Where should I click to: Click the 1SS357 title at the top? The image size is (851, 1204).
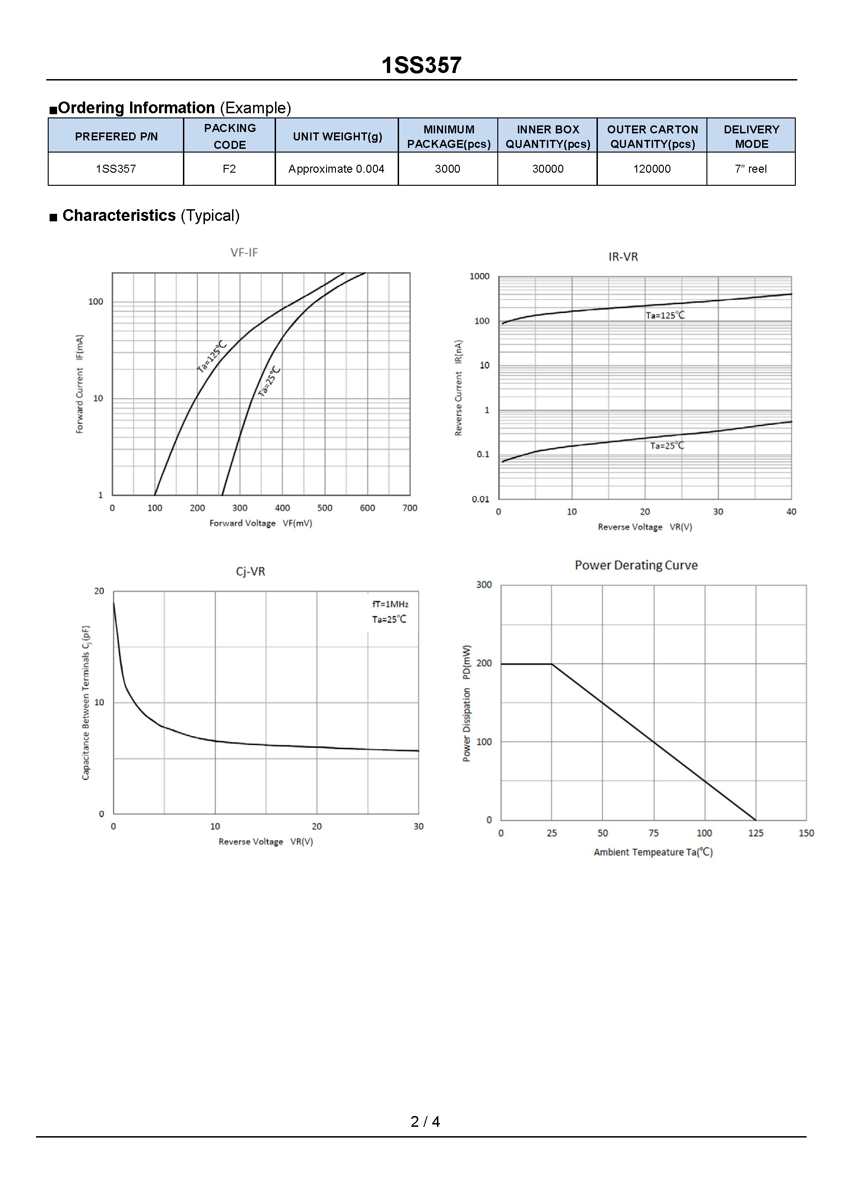pyautogui.click(x=421, y=66)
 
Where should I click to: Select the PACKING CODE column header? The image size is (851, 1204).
pyautogui.click(x=230, y=136)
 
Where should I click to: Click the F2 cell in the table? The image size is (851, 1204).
pyautogui.click(x=229, y=169)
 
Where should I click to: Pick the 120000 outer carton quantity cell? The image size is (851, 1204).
pyautogui.click(x=652, y=169)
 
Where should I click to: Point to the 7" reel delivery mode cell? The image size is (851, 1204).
pyautogui.click(x=750, y=169)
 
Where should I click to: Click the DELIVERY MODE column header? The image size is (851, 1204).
pyautogui.click(x=751, y=136)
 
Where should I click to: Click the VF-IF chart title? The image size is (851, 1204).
pyautogui.click(x=244, y=253)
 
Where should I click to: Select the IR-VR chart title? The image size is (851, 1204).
pyautogui.click(x=623, y=257)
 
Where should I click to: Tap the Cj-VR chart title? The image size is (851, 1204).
pyautogui.click(x=250, y=572)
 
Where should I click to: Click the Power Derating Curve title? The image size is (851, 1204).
pyautogui.click(x=636, y=565)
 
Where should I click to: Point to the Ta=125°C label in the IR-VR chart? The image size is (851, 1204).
pyautogui.click(x=665, y=315)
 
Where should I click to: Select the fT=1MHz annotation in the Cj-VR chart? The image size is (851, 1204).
pyautogui.click(x=390, y=604)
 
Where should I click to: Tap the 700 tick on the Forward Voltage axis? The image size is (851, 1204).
pyautogui.click(x=409, y=508)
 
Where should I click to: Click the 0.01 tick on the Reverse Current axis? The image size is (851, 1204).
pyautogui.click(x=480, y=499)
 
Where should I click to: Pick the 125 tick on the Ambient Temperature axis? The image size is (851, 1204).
pyautogui.click(x=756, y=833)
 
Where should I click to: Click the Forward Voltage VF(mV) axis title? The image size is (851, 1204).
pyautogui.click(x=261, y=523)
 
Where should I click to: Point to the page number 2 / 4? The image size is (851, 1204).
pyautogui.click(x=425, y=1122)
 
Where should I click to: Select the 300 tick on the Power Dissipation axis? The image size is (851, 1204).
pyautogui.click(x=484, y=585)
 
